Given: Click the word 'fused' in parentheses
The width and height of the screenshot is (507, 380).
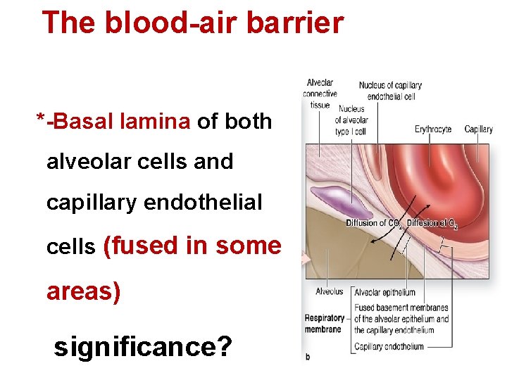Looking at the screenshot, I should coord(142,246).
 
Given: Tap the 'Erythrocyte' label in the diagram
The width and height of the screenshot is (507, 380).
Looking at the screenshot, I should coord(433,129).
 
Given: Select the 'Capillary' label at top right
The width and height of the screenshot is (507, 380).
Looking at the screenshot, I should coord(478,129).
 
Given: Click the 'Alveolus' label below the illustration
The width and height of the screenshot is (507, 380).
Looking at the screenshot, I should coord(329,291).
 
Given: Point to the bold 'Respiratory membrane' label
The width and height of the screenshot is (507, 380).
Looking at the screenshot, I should coord(325,323).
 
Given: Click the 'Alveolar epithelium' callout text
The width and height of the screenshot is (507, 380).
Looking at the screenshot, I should coord(384,293).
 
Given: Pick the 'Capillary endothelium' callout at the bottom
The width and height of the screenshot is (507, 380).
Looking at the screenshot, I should coord(389,346).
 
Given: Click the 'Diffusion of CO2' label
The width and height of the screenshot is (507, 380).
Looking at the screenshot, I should coord(374,224).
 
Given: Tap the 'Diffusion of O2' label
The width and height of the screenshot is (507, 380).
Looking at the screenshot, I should coord(432,224).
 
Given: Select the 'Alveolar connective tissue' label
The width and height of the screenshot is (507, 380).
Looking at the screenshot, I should coord(320,94).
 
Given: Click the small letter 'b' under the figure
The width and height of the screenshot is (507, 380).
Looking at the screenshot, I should coord(308,357).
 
